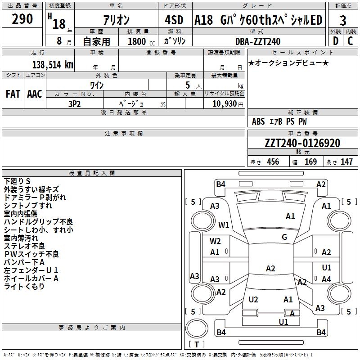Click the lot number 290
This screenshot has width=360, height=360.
(22, 20)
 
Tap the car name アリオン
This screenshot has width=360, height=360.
(116, 21)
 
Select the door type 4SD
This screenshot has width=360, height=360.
(175, 21)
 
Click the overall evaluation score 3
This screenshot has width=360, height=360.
(343, 21)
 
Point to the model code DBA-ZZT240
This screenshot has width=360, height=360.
(258, 41)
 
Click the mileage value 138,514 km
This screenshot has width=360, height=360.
(53, 65)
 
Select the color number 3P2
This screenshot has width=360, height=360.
(75, 103)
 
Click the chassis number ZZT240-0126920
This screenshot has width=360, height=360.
(302, 143)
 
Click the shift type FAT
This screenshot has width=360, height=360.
(13, 94)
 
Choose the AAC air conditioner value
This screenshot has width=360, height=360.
(35, 94)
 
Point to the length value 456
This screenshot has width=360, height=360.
(273, 162)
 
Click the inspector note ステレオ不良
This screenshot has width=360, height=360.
(25, 246)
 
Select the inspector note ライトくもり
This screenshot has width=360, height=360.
(24, 287)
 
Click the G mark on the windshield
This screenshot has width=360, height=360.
(284, 237)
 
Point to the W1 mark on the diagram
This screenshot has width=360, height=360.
(224, 225)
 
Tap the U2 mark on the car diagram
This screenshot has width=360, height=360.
(253, 300)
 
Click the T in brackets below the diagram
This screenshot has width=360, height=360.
(197, 344)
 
